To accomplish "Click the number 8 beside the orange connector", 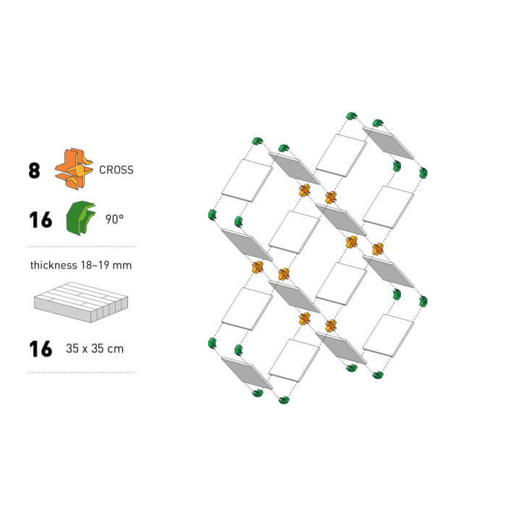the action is click(x=34, y=171).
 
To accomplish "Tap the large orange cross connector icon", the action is click(x=74, y=169).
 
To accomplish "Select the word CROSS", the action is click(x=117, y=170).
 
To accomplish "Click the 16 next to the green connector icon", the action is click(x=41, y=220).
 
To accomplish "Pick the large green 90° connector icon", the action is click(x=80, y=218).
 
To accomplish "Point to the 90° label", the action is click(x=114, y=219).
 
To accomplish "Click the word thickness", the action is click(x=54, y=265).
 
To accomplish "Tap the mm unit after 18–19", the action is click(x=122, y=266).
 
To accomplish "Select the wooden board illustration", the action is click(x=81, y=302).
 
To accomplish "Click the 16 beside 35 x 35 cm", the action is click(x=41, y=349).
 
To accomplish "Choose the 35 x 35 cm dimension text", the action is click(x=95, y=349).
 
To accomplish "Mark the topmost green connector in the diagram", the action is click(x=352, y=116).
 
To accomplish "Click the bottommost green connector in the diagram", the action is click(x=284, y=400).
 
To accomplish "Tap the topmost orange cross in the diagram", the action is click(x=305, y=190).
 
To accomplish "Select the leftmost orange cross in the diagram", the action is click(x=257, y=267).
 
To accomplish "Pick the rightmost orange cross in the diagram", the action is click(x=378, y=249).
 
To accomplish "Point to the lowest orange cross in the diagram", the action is click(x=331, y=326).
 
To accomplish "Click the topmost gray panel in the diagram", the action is click(x=389, y=143).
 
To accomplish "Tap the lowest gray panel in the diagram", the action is click(x=247, y=373).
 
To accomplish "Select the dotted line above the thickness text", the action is click(x=81, y=247).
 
